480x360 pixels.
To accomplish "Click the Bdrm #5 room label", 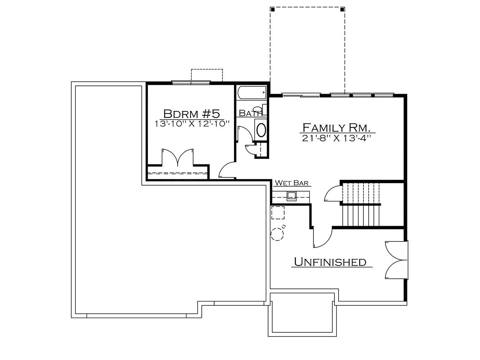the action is coord(191,114).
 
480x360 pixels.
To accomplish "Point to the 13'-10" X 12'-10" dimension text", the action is coord(192,124).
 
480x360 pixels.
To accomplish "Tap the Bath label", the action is coord(250,113).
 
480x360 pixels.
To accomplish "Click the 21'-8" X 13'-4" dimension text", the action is coord(336,138).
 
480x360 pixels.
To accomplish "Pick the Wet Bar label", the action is coord(291,183).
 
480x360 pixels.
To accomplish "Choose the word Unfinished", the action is coord(330,262).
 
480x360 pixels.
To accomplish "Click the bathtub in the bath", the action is coord(252,93).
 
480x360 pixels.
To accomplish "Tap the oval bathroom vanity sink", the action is coord(261,130).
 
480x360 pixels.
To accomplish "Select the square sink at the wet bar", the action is coord(291,196).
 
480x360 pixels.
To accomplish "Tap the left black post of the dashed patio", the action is coord(273,9).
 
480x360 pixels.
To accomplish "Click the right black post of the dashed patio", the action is coord(342,9).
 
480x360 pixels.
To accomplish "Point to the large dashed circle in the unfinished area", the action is coord(277,234).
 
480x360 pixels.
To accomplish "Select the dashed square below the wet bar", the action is coord(278,213).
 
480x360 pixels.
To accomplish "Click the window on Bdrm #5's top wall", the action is coord(191,82).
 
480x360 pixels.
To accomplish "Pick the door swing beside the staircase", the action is coord(332,193).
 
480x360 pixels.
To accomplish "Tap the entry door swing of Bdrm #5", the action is coord(227,170).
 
